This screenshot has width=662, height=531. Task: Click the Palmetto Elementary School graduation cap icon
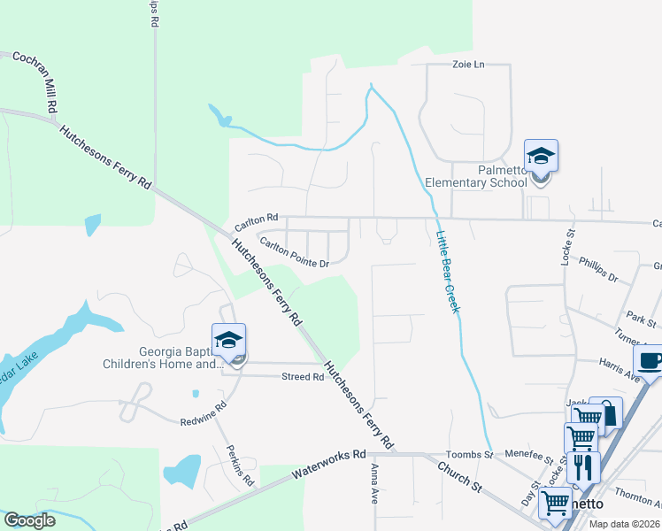(541, 158)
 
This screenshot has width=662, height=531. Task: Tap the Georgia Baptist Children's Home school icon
(228, 341)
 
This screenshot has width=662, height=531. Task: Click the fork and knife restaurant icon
(582, 466)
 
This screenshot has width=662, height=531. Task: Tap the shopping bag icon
(608, 412)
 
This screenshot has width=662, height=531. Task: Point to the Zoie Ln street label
(469, 65)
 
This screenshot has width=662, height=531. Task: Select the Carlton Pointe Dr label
(294, 251)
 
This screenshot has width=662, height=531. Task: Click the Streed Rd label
(303, 377)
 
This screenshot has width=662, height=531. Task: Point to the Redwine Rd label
(203, 413)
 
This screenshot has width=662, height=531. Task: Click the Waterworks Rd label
(328, 467)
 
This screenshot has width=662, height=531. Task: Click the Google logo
(30, 520)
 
